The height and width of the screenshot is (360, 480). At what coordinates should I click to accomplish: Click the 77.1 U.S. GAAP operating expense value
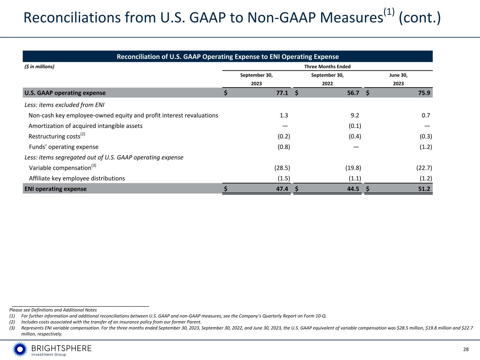282,93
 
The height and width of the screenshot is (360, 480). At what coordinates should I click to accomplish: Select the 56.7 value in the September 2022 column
353,93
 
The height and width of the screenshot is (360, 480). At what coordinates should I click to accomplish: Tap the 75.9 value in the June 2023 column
424,93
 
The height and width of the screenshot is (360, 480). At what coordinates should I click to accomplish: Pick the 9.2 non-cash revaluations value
355,115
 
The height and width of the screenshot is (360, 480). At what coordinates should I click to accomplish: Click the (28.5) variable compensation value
282,168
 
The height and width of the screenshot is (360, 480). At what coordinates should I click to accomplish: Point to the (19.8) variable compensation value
353,168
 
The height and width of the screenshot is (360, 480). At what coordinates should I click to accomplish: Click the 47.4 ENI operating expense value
282,189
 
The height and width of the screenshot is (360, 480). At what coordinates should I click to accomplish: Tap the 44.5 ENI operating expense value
353,189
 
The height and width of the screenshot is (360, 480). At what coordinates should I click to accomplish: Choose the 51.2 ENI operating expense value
424,189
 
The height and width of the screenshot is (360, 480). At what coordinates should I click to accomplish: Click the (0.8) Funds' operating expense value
284,147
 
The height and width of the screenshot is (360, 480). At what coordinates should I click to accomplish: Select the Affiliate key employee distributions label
77,178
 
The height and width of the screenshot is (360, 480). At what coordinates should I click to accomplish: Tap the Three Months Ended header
327,66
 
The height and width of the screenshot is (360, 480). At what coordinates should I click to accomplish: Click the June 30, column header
398,75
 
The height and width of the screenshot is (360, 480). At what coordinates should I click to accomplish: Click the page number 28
466,349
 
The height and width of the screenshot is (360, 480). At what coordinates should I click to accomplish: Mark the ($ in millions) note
39,66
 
